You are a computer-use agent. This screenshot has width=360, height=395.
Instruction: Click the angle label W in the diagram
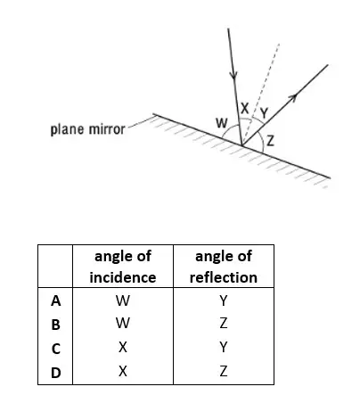[222, 122]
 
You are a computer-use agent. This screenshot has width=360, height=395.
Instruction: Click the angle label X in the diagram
[245, 108]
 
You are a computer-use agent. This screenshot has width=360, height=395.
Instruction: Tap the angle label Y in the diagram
[264, 113]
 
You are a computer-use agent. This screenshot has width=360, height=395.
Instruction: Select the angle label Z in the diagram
[270, 141]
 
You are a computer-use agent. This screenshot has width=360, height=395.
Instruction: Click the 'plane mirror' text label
[87, 129]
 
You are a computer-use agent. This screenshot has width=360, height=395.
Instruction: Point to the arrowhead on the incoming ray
[233, 75]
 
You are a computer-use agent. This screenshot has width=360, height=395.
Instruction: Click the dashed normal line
[261, 95]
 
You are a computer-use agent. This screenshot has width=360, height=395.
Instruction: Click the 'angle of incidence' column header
[123, 267]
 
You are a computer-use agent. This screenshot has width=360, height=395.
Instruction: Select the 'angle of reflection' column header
[224, 267]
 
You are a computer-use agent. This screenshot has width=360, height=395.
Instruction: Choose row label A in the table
[55, 301]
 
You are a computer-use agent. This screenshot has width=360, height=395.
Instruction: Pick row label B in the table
[55, 325]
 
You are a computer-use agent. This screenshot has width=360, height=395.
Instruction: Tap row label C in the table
[55, 349]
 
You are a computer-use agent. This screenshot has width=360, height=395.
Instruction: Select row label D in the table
[56, 373]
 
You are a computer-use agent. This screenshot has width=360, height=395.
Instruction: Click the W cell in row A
[123, 301]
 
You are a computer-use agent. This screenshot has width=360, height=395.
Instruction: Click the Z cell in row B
[224, 323]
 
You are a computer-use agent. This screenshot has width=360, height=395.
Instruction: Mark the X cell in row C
[123, 347]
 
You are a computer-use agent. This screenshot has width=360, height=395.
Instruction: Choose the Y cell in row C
[224, 347]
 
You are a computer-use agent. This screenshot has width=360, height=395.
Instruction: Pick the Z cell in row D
[224, 371]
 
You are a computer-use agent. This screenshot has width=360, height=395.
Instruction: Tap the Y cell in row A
[224, 301]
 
